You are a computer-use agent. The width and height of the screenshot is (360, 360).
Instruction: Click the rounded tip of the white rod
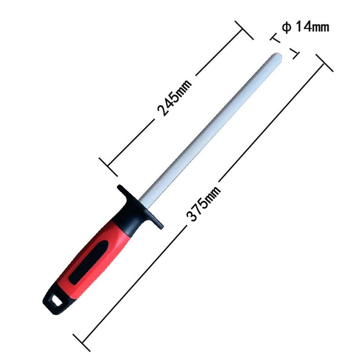point(279,57)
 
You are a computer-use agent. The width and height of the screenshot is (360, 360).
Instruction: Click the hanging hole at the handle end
point(54,299)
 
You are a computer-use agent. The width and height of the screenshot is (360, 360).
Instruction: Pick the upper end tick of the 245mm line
point(244,30)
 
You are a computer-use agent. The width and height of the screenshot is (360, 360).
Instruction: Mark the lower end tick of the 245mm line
point(108,167)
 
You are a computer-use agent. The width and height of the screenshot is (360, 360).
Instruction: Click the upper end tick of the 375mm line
point(324,63)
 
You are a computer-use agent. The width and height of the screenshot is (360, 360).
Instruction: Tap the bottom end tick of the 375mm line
point(81,342)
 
